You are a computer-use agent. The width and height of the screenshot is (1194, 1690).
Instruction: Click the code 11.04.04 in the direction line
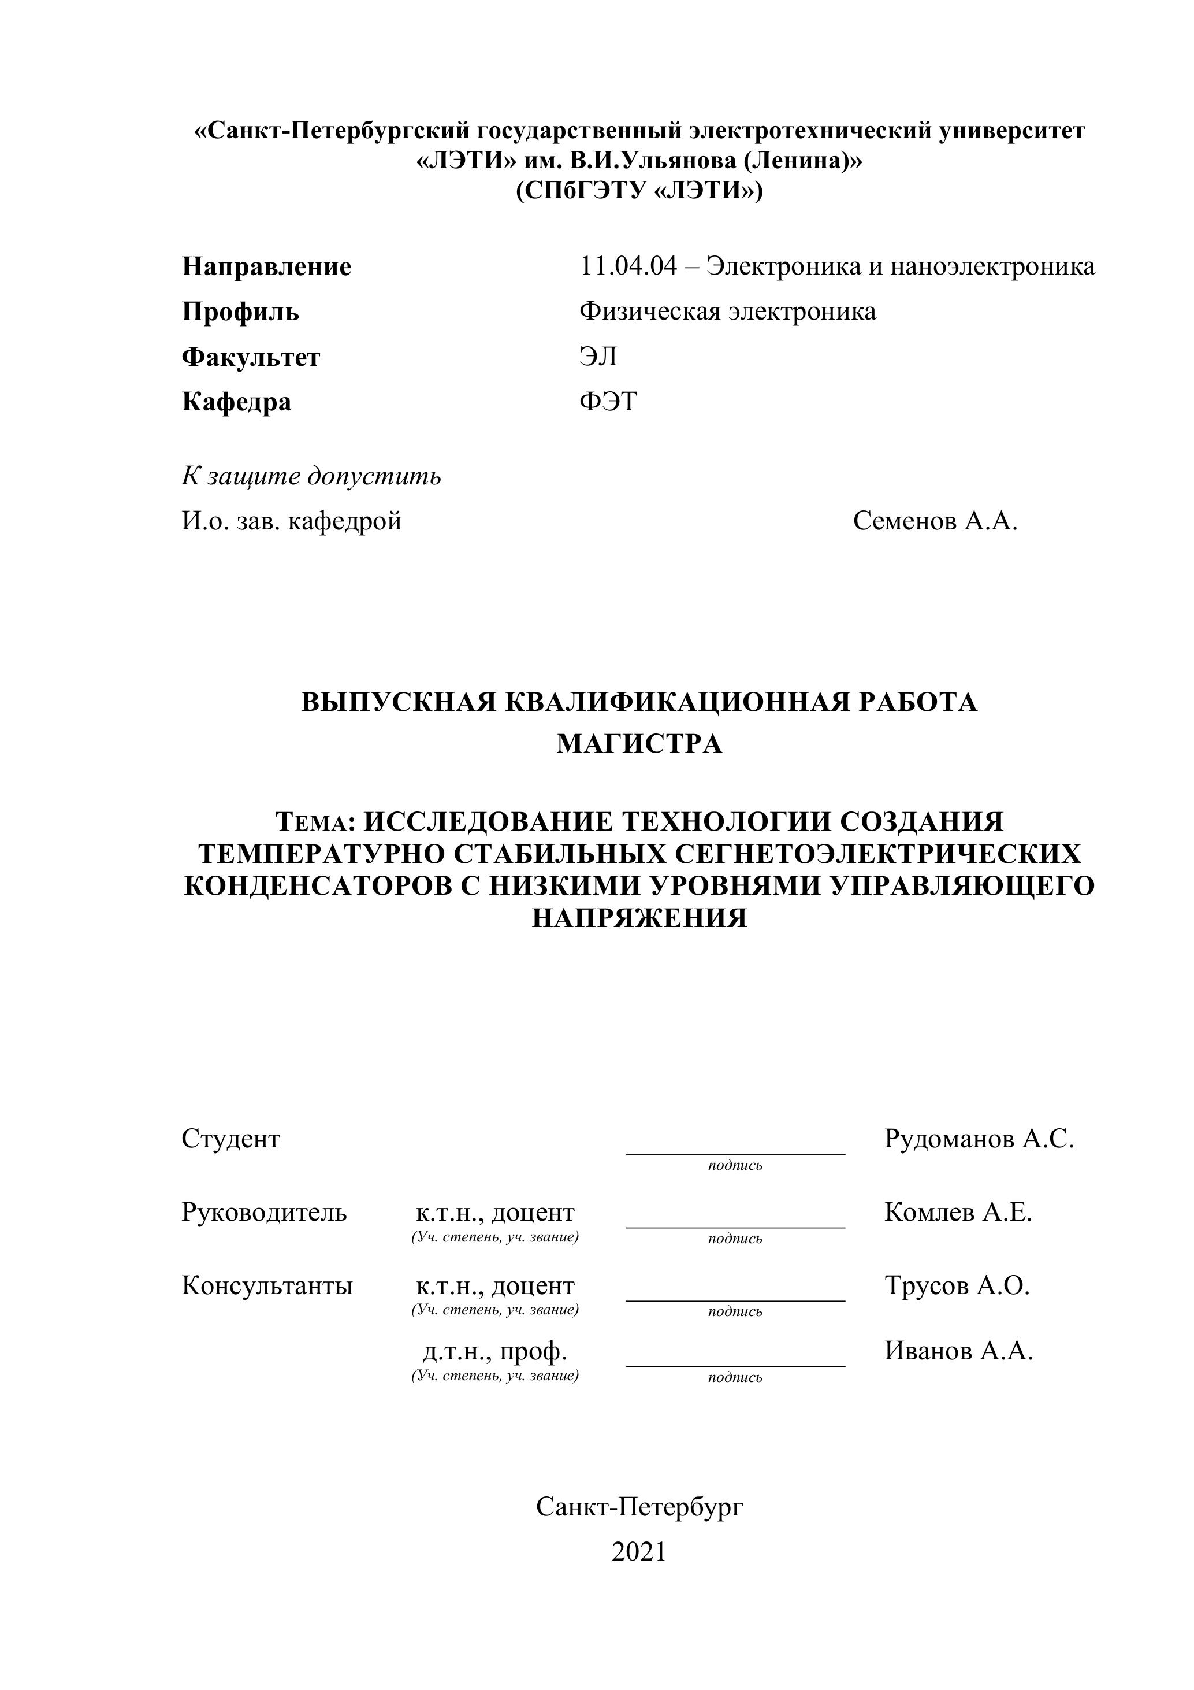click(x=627, y=266)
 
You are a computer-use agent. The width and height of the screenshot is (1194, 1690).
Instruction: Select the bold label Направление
click(x=266, y=266)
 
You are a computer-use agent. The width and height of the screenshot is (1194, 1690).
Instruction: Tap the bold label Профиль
click(x=240, y=312)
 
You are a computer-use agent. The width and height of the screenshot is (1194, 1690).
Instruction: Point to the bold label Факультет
click(x=251, y=358)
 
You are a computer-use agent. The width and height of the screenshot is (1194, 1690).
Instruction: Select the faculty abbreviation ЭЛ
click(x=597, y=357)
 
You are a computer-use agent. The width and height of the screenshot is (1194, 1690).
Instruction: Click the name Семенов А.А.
click(x=935, y=521)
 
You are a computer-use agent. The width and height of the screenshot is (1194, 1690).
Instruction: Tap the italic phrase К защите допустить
click(x=311, y=476)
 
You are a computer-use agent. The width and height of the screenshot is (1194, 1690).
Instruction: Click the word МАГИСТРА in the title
click(x=639, y=744)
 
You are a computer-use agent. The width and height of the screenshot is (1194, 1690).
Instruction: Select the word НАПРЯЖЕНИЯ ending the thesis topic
click(x=639, y=918)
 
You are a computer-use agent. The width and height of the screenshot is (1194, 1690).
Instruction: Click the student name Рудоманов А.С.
click(x=979, y=1139)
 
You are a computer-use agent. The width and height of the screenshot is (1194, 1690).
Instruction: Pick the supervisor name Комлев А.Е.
click(x=958, y=1211)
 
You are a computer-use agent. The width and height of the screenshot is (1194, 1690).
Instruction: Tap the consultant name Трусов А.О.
click(x=957, y=1285)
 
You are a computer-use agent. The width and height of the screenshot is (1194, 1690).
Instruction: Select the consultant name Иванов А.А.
click(x=958, y=1351)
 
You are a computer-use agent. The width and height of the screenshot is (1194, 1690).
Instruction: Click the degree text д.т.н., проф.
click(x=494, y=1351)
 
